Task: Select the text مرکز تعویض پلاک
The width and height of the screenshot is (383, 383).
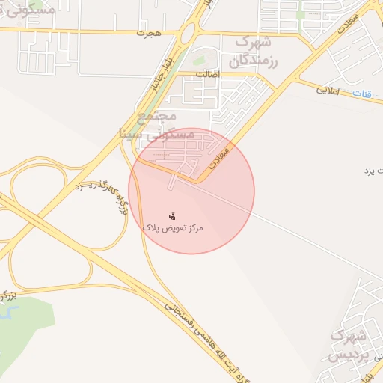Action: point(174,226)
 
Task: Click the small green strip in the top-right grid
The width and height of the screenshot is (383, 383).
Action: point(301,14)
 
